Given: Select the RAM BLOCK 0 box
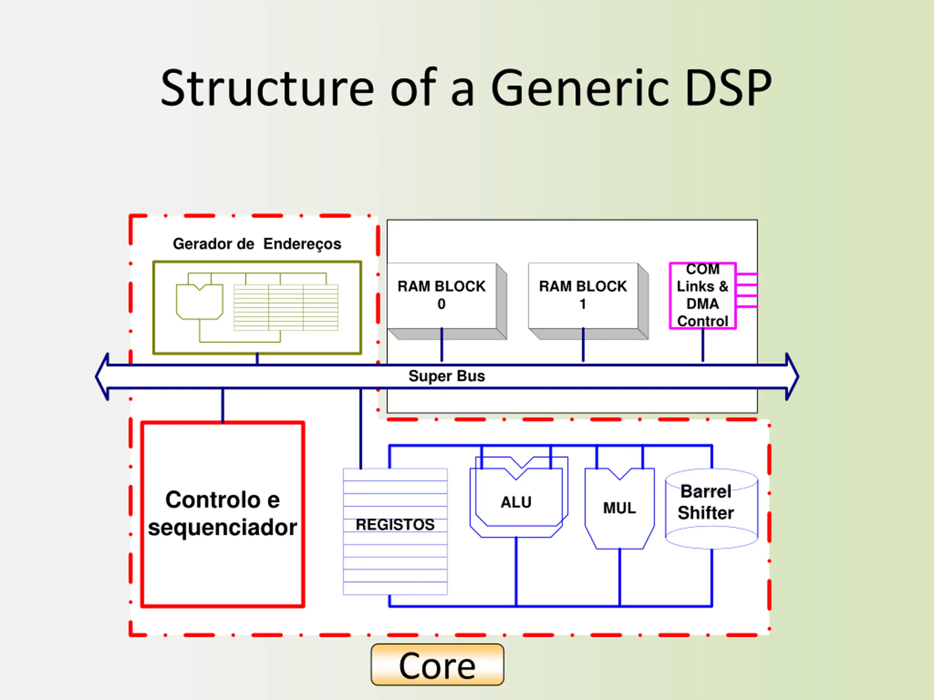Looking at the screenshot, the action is tap(447, 301).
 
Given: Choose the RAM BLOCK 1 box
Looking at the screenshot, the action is tap(588, 301).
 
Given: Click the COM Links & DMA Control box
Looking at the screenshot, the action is tap(703, 295).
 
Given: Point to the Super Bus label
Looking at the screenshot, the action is tap(447, 376).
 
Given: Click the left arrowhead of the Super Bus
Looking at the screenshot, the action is tap(102, 376).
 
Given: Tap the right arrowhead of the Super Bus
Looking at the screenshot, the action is tap(792, 376).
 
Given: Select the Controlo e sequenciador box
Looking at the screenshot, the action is tap(223, 514).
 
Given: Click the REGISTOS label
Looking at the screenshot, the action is tap(395, 525).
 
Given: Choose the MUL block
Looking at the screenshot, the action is tap(620, 509).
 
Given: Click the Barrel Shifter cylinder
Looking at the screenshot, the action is tap(711, 509).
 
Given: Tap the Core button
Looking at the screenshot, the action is tap(437, 665).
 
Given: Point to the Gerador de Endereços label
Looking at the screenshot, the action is tap(257, 244).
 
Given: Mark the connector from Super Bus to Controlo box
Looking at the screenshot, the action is tap(223, 405).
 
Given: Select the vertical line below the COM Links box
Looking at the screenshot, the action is tap(703, 345).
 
